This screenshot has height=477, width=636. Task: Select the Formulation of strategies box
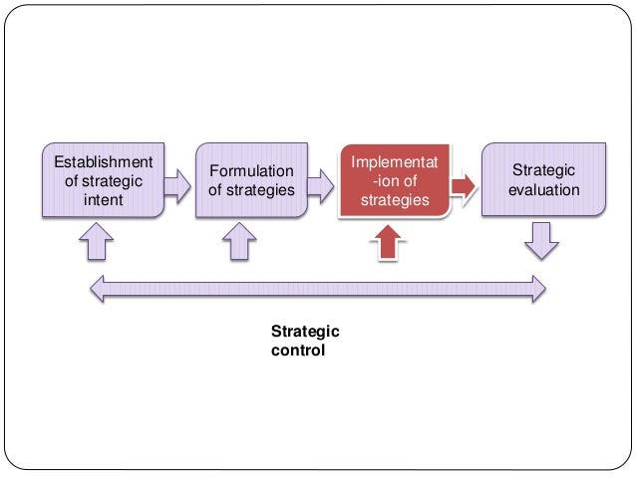(x=250, y=180)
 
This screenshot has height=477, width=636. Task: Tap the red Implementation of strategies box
(x=394, y=180)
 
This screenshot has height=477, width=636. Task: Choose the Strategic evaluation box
(x=543, y=180)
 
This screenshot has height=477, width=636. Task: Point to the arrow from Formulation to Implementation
(x=320, y=183)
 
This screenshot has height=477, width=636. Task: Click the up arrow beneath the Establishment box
(x=98, y=240)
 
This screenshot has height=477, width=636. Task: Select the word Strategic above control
(x=305, y=333)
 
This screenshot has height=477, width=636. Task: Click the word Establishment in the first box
(x=103, y=161)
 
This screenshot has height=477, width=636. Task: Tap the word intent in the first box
(x=103, y=197)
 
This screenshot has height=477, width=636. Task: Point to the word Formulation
(x=251, y=171)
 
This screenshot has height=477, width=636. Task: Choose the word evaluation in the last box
(x=543, y=189)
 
